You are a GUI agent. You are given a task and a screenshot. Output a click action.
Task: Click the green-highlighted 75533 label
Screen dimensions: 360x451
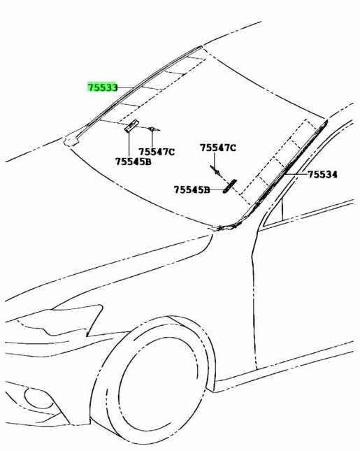point(102,87)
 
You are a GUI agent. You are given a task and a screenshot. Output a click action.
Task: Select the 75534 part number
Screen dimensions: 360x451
point(323,174)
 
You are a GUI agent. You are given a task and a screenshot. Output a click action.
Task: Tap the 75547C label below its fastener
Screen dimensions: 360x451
point(157,152)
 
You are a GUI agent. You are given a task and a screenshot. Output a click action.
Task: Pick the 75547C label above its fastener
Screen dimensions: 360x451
point(218,148)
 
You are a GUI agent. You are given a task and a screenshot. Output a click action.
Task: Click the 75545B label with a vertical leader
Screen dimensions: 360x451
point(133,162)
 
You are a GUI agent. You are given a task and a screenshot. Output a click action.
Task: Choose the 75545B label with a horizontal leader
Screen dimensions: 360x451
point(192,189)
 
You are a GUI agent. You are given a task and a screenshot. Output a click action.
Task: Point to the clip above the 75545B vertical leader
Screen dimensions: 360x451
point(131,126)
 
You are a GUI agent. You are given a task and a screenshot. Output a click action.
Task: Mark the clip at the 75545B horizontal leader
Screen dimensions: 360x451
point(229,187)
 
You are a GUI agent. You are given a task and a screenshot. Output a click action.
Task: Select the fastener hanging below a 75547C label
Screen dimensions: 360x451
point(215,171)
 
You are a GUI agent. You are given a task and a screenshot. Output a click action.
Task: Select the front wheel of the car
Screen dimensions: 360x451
point(161,382)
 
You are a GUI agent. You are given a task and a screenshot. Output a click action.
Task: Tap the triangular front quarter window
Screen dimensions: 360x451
point(274,212)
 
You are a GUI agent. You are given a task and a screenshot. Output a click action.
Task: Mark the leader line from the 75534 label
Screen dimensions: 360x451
point(297,174)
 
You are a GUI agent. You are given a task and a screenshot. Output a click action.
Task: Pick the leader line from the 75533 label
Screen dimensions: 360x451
point(125,87)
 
